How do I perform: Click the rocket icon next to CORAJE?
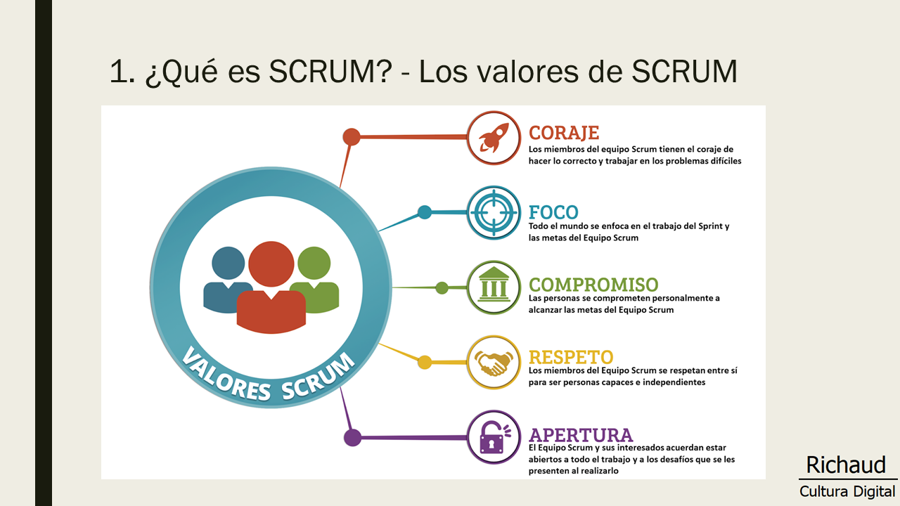494,138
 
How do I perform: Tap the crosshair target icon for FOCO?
494,212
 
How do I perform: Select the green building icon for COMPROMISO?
494,285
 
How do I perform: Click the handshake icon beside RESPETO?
494,363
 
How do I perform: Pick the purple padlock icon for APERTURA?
494,437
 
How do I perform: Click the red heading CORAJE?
564,133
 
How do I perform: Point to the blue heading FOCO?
553,212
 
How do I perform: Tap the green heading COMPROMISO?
593,285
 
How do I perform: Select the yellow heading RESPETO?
571,357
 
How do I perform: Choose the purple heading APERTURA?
581,435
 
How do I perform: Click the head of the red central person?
271,264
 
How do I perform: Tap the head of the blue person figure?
229,263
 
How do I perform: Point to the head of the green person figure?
314,263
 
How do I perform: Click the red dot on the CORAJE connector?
352,137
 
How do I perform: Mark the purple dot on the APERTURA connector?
353,437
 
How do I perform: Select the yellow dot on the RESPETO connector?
425,362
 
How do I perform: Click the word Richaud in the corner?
846,465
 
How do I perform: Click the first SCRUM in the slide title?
330,72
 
